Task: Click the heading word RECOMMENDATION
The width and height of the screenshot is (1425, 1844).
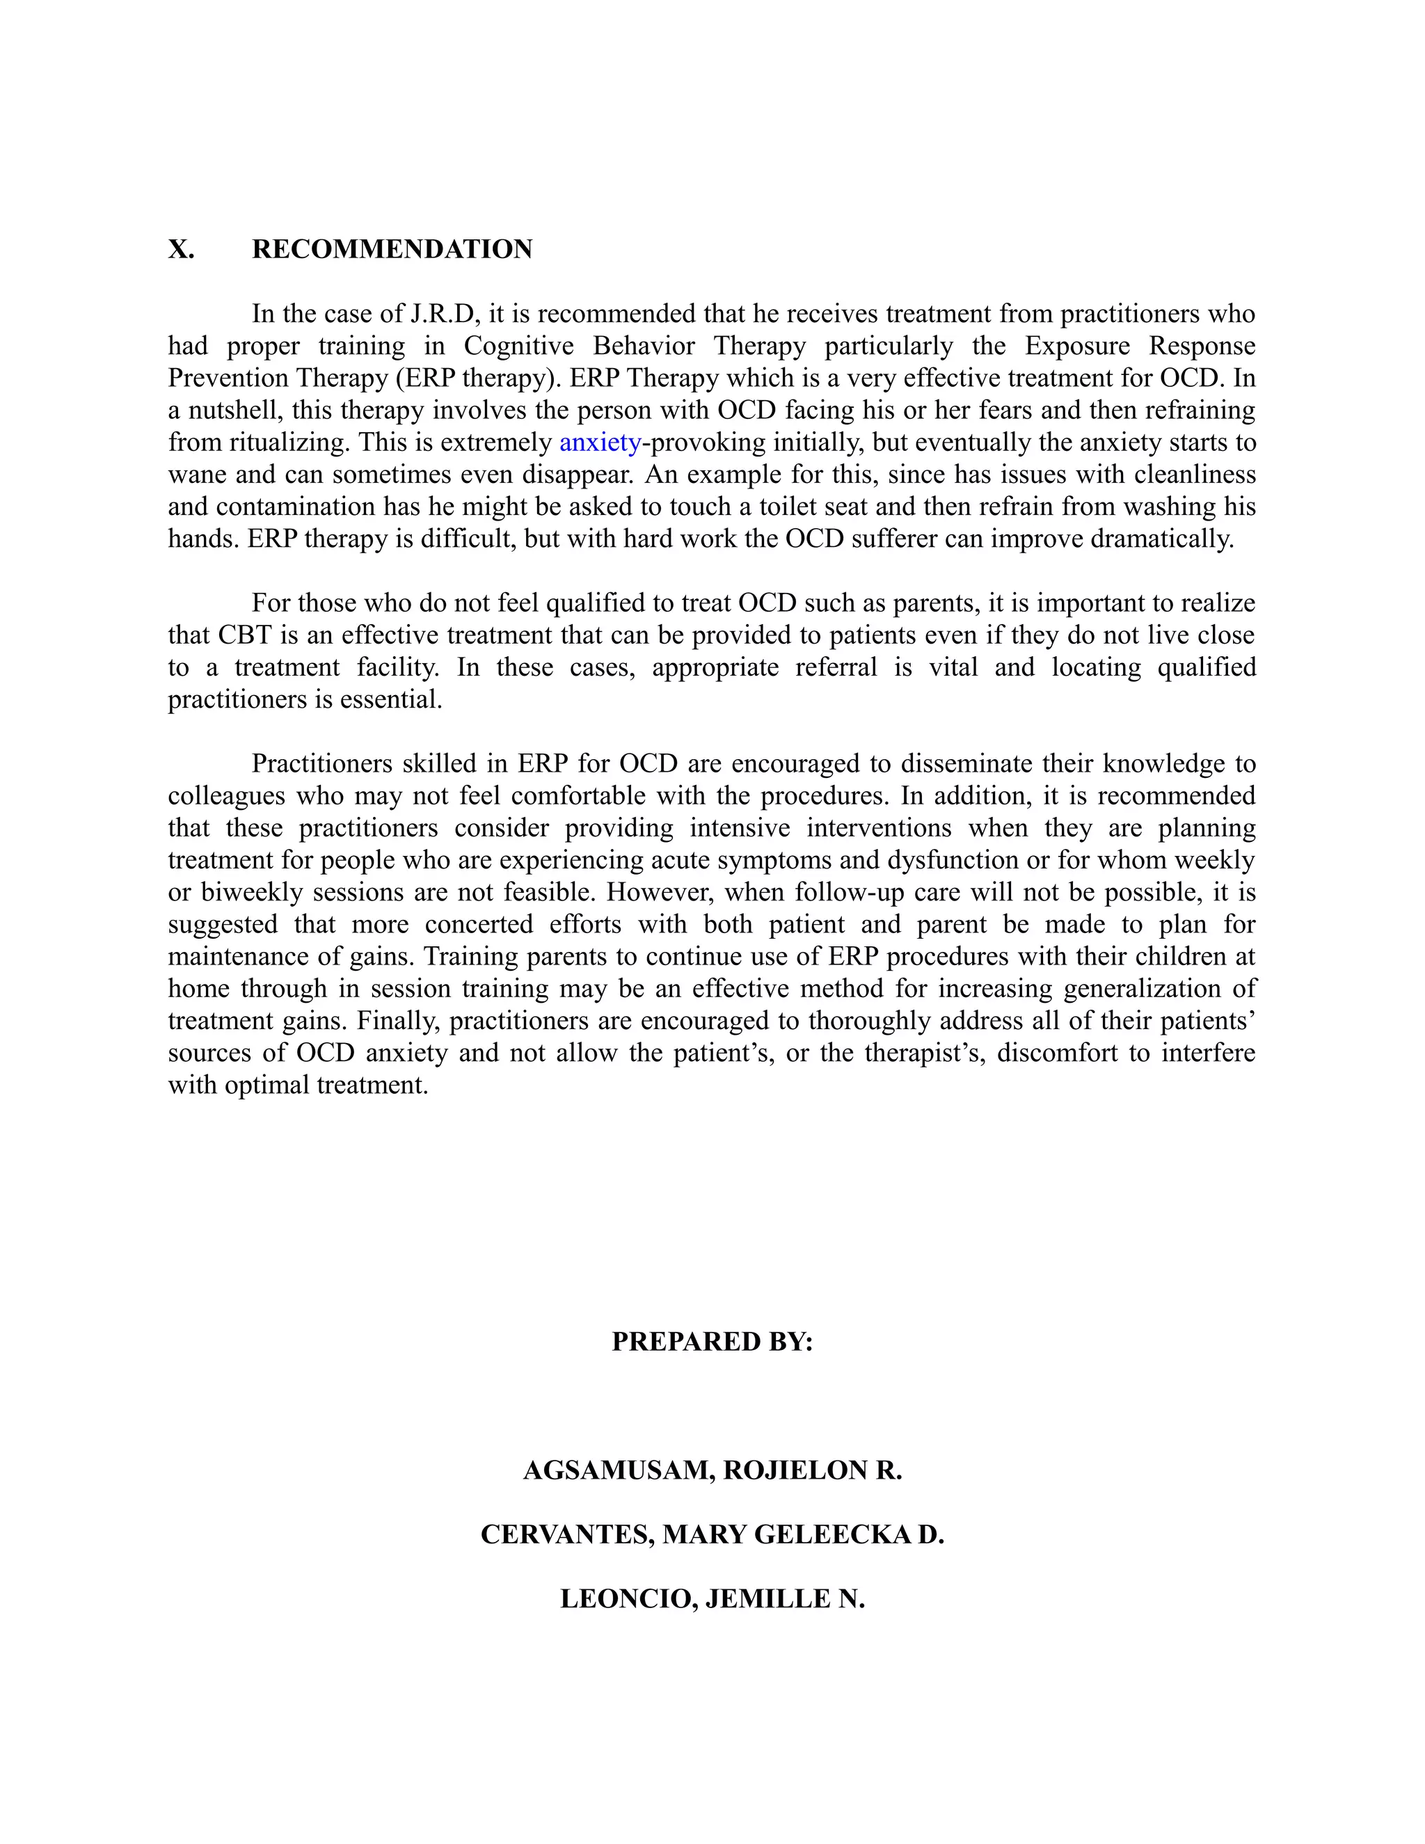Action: pos(392,249)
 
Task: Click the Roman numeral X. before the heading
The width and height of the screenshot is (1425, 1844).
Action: pos(181,249)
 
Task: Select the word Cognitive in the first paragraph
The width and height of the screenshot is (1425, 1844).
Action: pos(518,346)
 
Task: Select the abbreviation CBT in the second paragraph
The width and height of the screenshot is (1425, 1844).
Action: pos(243,635)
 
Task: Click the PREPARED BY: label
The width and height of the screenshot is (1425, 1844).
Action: pos(712,1341)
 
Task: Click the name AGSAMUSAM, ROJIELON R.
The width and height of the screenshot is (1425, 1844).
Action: pos(712,1470)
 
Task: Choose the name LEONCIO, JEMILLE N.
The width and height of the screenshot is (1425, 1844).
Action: pos(712,1598)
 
